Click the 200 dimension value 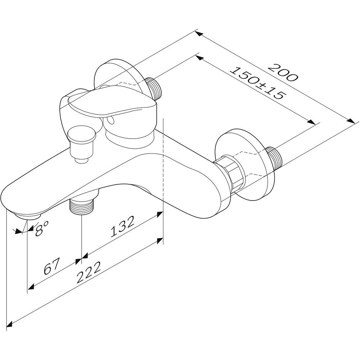coord(283,73)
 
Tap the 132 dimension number coord(122,226)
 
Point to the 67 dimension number coord(52,266)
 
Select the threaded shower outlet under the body coord(82,206)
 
